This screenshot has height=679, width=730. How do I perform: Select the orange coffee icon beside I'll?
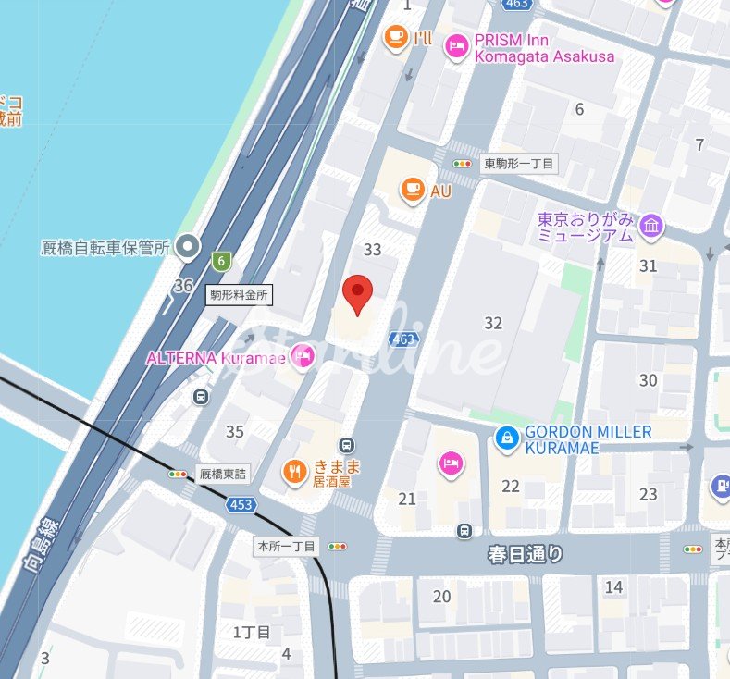click(x=395, y=37)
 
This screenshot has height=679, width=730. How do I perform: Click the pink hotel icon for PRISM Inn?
click(x=456, y=46)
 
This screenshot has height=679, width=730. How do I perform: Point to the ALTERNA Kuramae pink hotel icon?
click(x=302, y=356)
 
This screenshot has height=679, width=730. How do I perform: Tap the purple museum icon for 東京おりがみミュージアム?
click(x=651, y=225)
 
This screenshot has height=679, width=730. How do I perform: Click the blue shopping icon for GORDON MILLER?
click(x=506, y=439)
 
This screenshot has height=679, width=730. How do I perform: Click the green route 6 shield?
click(x=220, y=261)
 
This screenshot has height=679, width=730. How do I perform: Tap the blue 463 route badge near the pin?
click(x=402, y=339)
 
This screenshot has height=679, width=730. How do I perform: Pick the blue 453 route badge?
click(x=241, y=504)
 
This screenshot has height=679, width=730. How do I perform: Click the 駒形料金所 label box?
click(x=239, y=295)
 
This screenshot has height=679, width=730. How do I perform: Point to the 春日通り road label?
click(x=526, y=555)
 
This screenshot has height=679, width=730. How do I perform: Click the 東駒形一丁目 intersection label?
click(x=518, y=164)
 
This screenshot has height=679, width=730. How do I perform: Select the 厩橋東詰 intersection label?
click(x=224, y=475)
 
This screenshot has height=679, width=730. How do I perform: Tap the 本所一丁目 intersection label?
click(x=286, y=547)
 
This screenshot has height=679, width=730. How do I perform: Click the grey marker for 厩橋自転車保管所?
click(x=189, y=246)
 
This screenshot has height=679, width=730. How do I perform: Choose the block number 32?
click(x=493, y=323)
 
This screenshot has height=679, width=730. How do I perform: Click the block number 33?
click(x=373, y=250)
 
